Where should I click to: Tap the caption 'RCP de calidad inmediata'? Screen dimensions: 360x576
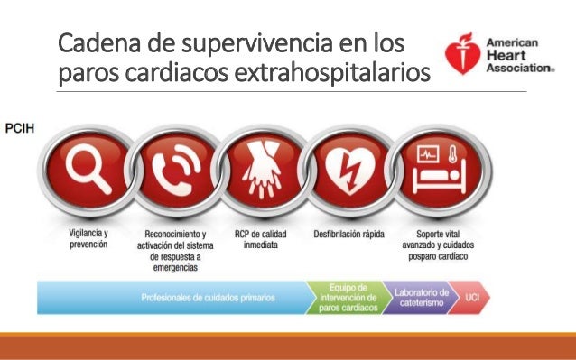point(261,239)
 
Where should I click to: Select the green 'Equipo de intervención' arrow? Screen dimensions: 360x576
point(349,297)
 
